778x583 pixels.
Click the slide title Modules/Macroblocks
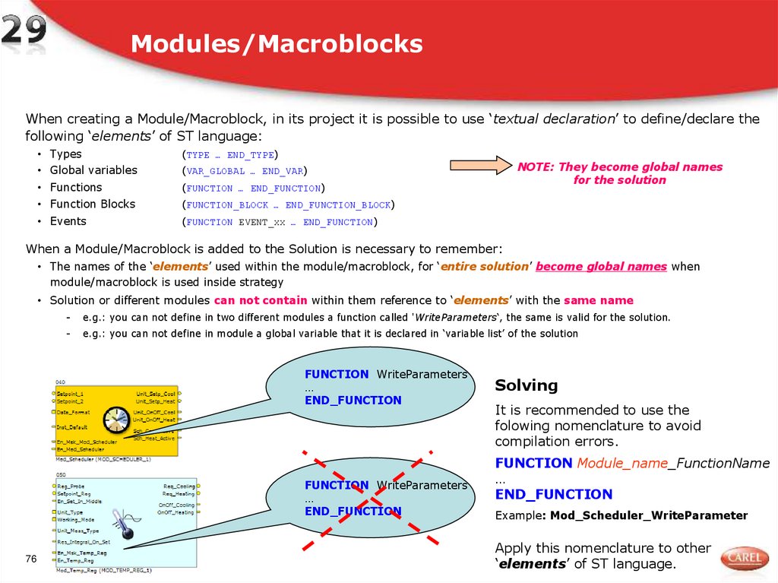(x=277, y=44)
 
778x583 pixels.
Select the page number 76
(x=31, y=559)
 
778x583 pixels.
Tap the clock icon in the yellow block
(x=117, y=420)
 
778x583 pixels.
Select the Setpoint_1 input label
(x=70, y=394)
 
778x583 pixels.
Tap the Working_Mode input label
(x=76, y=520)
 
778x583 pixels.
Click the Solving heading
(x=526, y=385)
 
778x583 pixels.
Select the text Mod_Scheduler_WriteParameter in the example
(x=649, y=515)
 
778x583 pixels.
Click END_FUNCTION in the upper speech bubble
(x=353, y=400)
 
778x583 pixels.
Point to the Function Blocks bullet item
(x=93, y=204)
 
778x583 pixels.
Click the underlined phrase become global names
(x=601, y=267)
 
